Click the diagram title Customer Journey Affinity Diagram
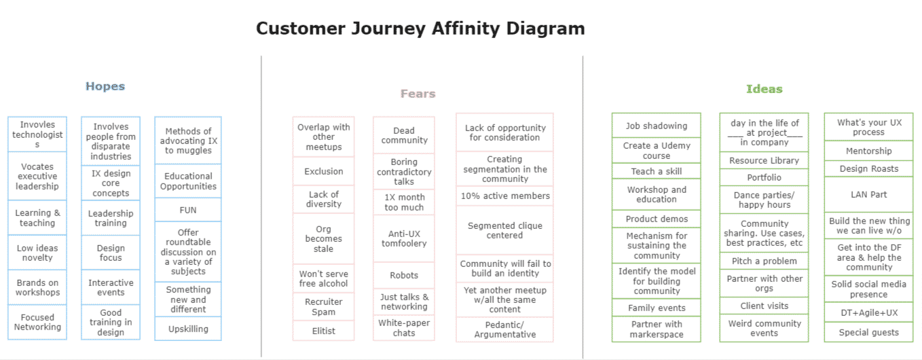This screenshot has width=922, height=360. [x=420, y=29]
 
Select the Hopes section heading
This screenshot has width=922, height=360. [x=105, y=86]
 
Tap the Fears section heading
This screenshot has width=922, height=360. [x=418, y=94]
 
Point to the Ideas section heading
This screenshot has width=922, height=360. [x=764, y=89]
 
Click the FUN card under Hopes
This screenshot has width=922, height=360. [x=188, y=210]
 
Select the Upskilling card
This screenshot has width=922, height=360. [x=188, y=329]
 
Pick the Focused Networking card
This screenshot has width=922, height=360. [x=37, y=322]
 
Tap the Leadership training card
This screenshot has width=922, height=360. [x=111, y=218]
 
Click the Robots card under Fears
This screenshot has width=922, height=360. [x=404, y=275]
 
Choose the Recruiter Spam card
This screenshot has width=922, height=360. [x=324, y=307]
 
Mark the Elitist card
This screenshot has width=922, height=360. [x=324, y=331]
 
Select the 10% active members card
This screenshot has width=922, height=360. [x=504, y=196]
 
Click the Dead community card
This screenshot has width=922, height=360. [x=404, y=135]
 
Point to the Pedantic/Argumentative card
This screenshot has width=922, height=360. [x=504, y=329]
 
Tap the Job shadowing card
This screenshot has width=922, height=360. [x=656, y=126]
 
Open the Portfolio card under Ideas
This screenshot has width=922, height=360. [x=764, y=178]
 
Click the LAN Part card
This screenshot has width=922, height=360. [x=868, y=194]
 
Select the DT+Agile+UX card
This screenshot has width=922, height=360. [x=868, y=313]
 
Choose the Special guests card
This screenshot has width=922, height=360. [x=868, y=332]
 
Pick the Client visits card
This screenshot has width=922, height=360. [x=764, y=306]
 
